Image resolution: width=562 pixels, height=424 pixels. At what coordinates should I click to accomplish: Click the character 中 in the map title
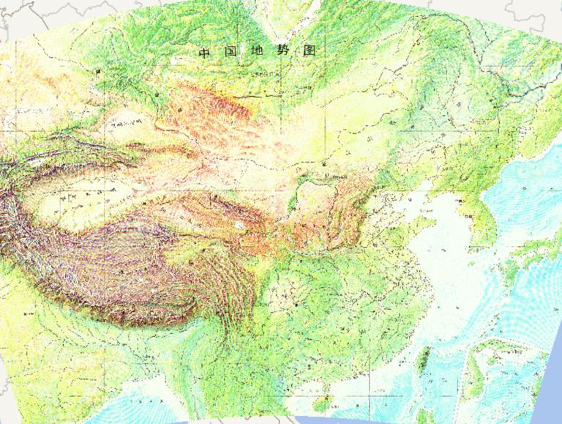(204, 53)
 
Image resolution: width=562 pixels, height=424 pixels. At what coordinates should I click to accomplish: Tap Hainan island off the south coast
(319, 403)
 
